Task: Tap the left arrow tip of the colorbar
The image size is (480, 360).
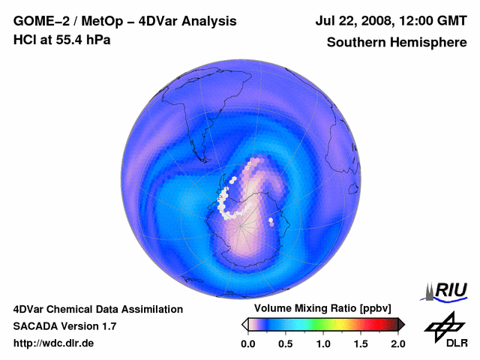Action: point(244,325)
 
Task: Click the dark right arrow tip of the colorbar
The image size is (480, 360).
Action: point(401,325)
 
